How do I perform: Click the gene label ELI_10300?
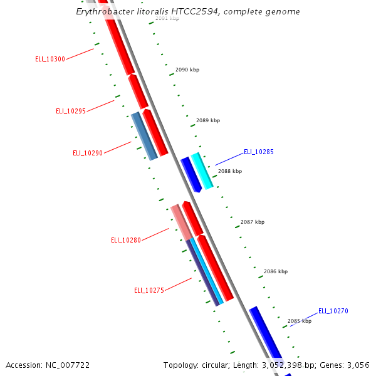click(x=50, y=59)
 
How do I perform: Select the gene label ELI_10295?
click(x=71, y=111)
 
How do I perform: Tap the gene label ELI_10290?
click(x=88, y=153)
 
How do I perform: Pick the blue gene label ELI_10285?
click(x=259, y=152)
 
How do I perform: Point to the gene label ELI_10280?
click(x=126, y=240)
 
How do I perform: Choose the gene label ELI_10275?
click(x=149, y=290)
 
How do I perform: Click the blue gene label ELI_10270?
click(x=333, y=311)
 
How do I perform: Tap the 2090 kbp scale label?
click(x=187, y=70)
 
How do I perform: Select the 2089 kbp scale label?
click(x=208, y=120)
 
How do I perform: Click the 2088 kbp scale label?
click(x=230, y=171)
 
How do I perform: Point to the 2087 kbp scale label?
click(x=253, y=222)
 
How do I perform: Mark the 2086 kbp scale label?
click(x=276, y=271)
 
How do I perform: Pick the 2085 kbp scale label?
click(x=300, y=321)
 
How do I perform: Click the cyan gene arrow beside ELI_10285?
click(x=202, y=170)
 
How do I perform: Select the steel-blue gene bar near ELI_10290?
click(x=144, y=136)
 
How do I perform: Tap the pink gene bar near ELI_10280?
click(x=181, y=221)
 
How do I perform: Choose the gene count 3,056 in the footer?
click(x=357, y=365)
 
